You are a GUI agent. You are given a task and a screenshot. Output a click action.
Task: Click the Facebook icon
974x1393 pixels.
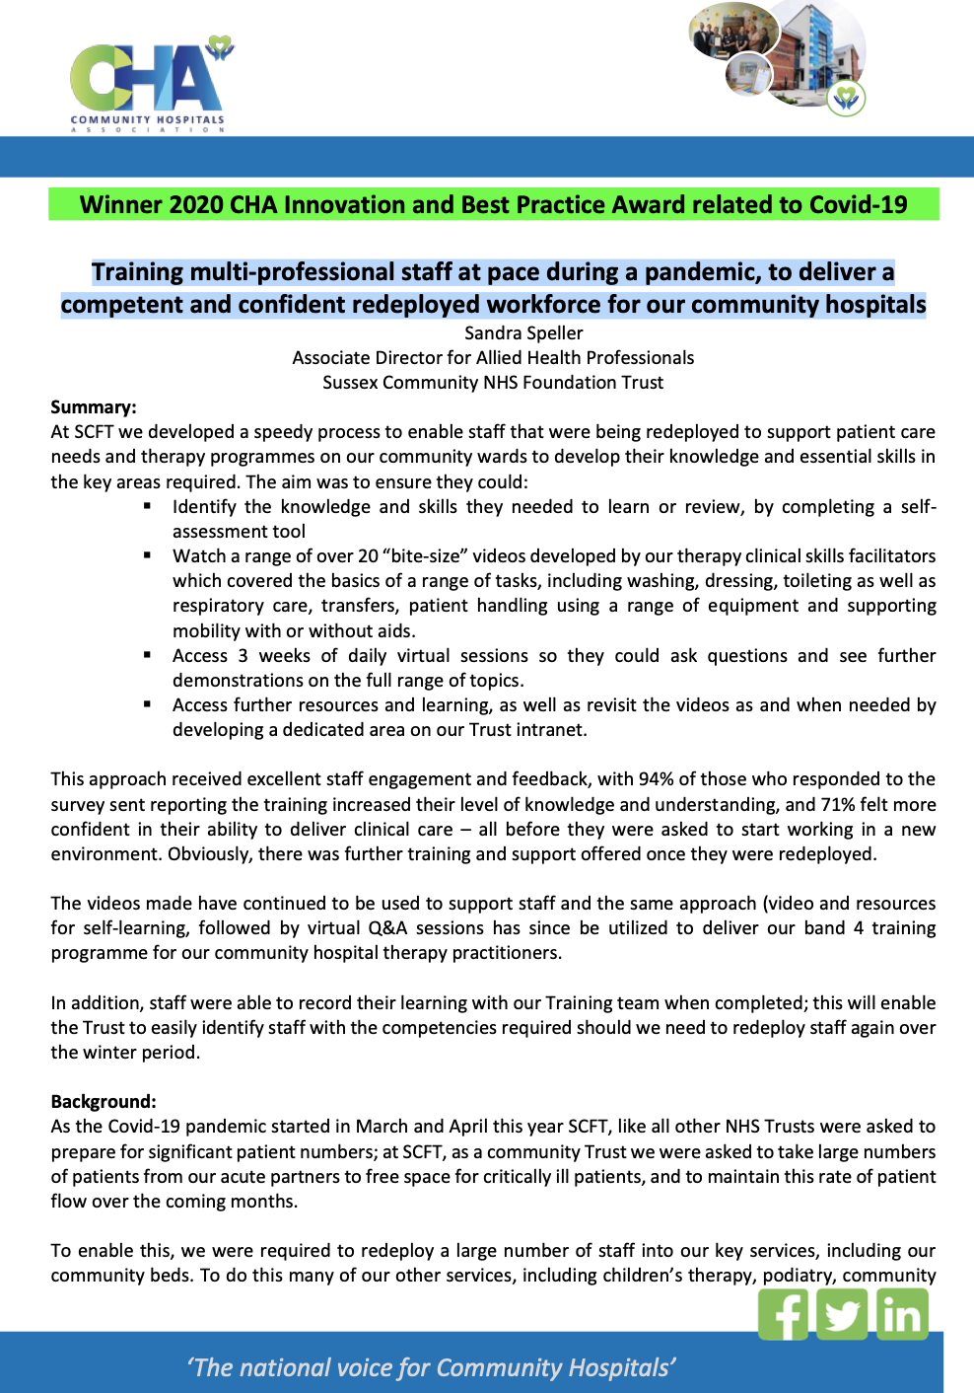click(x=784, y=1315)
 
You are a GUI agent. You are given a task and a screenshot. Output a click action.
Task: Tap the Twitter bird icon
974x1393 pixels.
click(x=843, y=1315)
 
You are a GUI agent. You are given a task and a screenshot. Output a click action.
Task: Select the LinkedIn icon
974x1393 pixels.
click(x=902, y=1315)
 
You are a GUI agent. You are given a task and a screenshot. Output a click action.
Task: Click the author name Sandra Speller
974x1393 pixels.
click(x=523, y=333)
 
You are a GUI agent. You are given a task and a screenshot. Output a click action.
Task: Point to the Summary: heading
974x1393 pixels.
click(x=94, y=407)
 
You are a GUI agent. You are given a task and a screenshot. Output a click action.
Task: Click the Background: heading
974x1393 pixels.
click(x=104, y=1102)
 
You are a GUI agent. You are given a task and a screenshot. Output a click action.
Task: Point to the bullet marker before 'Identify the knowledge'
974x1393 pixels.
click(x=147, y=505)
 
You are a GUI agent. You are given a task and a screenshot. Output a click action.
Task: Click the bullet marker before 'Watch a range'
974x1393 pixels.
click(x=147, y=554)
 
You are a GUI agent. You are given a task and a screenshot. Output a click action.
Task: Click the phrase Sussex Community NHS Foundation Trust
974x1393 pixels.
click(x=493, y=383)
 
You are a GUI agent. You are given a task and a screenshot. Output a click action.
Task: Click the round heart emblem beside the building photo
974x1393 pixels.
click(x=846, y=98)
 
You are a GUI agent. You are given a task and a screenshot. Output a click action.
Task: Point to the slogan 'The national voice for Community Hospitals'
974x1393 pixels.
click(x=431, y=1367)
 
